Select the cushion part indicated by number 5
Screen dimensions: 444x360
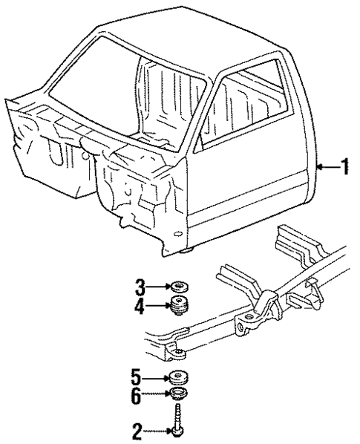tap(177, 375)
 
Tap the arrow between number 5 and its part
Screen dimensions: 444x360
tap(155, 374)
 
